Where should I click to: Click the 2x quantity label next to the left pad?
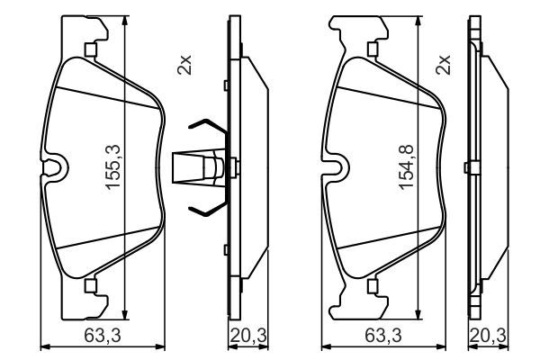[x=185, y=66]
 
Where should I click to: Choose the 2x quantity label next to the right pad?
[x=443, y=66]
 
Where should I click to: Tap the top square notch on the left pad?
[x=89, y=49]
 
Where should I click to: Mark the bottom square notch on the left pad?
[x=89, y=285]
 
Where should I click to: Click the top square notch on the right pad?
[x=371, y=50]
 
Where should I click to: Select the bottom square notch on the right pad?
[x=371, y=285]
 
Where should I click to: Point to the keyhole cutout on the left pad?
[x=56, y=167]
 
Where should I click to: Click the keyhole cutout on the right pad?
[x=337, y=167]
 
